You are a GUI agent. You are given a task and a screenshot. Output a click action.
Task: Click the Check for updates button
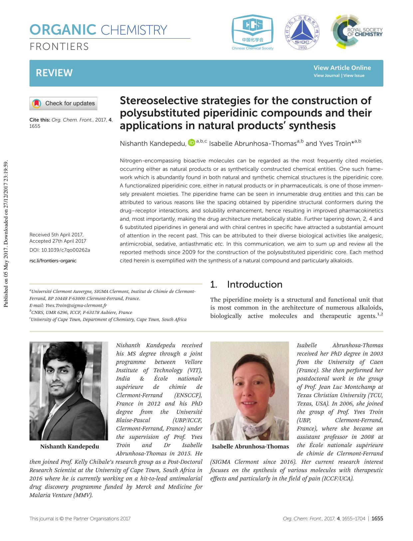[63, 104]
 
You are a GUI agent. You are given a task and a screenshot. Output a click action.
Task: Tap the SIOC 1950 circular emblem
[302, 33]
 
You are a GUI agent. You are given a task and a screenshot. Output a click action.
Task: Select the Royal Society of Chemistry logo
[356, 32]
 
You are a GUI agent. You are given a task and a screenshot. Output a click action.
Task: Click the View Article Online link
[342, 68]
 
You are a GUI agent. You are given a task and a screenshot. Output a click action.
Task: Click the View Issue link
[354, 76]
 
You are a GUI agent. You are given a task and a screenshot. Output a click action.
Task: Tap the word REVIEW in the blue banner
[54, 73]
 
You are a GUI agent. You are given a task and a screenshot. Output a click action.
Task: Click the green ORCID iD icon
[191, 143]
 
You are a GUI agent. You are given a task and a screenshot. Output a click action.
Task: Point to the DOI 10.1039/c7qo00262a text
[60, 250]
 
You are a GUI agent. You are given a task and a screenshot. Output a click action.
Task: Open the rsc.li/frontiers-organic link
[53, 261]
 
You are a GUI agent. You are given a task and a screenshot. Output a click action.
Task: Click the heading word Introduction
[255, 284]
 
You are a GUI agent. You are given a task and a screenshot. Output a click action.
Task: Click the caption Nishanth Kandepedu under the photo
[70, 446]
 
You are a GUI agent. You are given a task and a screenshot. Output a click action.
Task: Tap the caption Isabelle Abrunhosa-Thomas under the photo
[250, 446]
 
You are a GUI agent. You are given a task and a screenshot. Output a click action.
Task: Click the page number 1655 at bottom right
[377, 518]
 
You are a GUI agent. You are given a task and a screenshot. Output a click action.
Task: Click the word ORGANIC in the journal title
[63, 30]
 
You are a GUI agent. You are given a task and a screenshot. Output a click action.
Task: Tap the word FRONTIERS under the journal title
[59, 47]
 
